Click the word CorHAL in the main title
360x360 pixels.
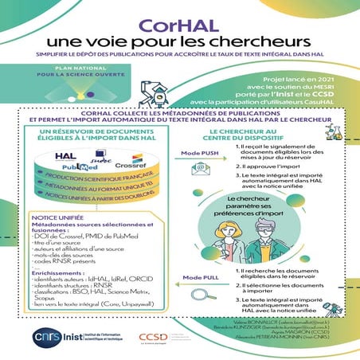pos(179,23)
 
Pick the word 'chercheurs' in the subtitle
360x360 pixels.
pos(230,40)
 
